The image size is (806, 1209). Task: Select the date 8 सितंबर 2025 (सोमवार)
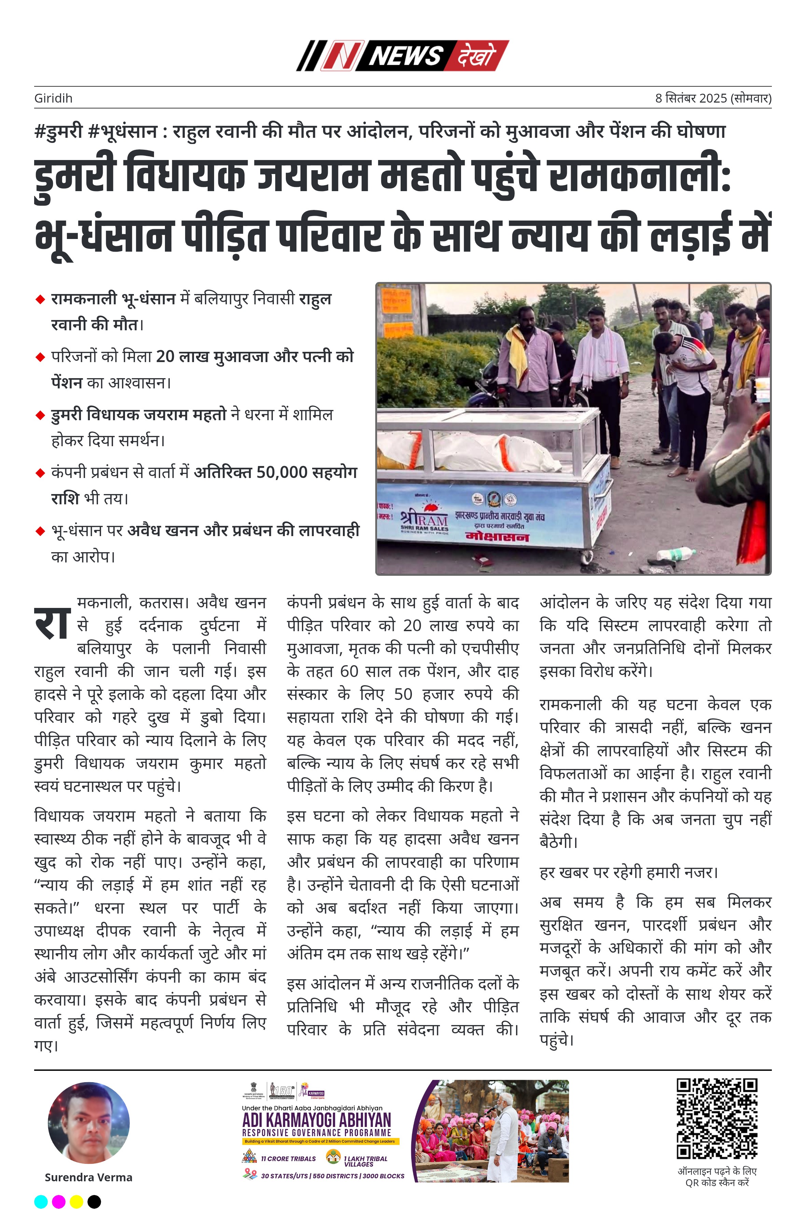click(x=713, y=98)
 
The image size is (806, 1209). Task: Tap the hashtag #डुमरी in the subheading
click(x=58, y=132)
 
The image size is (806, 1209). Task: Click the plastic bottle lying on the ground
click(x=676, y=554)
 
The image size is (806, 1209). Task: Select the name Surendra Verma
click(x=88, y=1177)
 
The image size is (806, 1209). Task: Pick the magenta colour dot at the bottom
click(x=59, y=1201)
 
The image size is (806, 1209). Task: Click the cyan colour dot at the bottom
click(x=41, y=1201)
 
